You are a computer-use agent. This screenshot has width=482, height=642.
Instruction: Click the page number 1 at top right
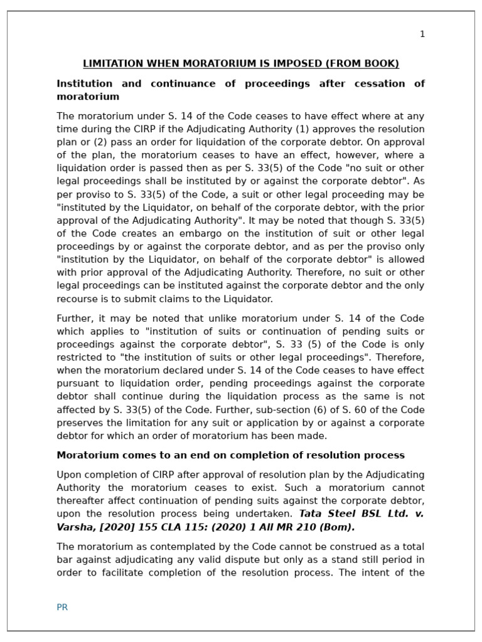[x=422, y=34]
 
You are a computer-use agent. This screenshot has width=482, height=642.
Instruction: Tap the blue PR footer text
[x=62, y=607]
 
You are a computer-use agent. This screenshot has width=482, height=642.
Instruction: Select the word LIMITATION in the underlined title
[x=112, y=64]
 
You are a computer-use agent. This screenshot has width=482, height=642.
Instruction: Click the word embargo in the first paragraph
[x=170, y=233]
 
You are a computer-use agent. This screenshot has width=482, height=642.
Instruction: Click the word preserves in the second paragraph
[x=80, y=423]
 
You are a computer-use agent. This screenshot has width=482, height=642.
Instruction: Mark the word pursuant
[x=78, y=383]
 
